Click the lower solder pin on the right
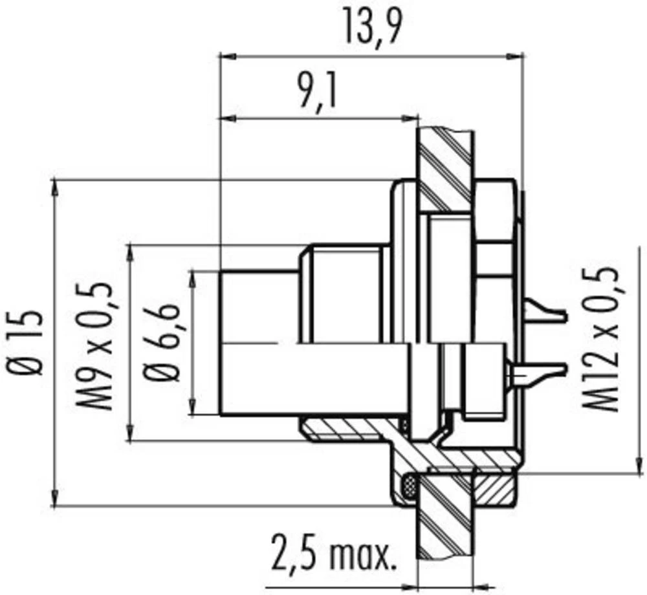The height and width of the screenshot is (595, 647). point(540,372)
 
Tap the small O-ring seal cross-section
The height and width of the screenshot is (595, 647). point(409,484)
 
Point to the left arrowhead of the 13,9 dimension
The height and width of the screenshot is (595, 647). point(226,56)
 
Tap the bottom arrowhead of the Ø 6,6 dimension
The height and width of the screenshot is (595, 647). point(193,408)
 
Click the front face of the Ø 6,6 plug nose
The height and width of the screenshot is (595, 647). point(221,343)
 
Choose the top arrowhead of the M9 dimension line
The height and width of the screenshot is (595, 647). point(132,251)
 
